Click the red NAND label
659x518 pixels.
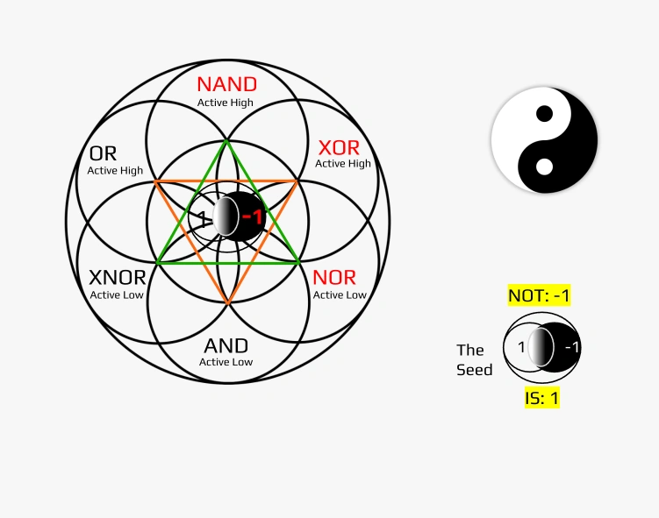[226, 84]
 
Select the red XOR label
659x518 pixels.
[339, 147]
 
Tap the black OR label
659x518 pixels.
[103, 154]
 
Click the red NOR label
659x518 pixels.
[334, 278]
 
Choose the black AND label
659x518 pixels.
[226, 345]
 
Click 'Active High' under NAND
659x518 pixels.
[226, 103]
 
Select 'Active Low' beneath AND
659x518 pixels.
[226, 362]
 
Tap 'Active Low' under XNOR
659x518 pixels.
[118, 295]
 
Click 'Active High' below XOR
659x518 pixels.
[343, 163]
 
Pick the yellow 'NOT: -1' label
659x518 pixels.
[540, 295]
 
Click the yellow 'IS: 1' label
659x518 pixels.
[542, 398]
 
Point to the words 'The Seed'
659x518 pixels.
[474, 360]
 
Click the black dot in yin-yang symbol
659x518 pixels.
[544, 113]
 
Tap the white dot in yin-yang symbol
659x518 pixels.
[544, 167]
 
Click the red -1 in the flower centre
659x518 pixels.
[253, 216]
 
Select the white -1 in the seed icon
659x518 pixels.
[572, 347]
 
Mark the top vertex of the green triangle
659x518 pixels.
[227, 140]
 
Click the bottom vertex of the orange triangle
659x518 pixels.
[227, 304]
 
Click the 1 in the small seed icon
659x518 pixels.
[521, 347]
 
